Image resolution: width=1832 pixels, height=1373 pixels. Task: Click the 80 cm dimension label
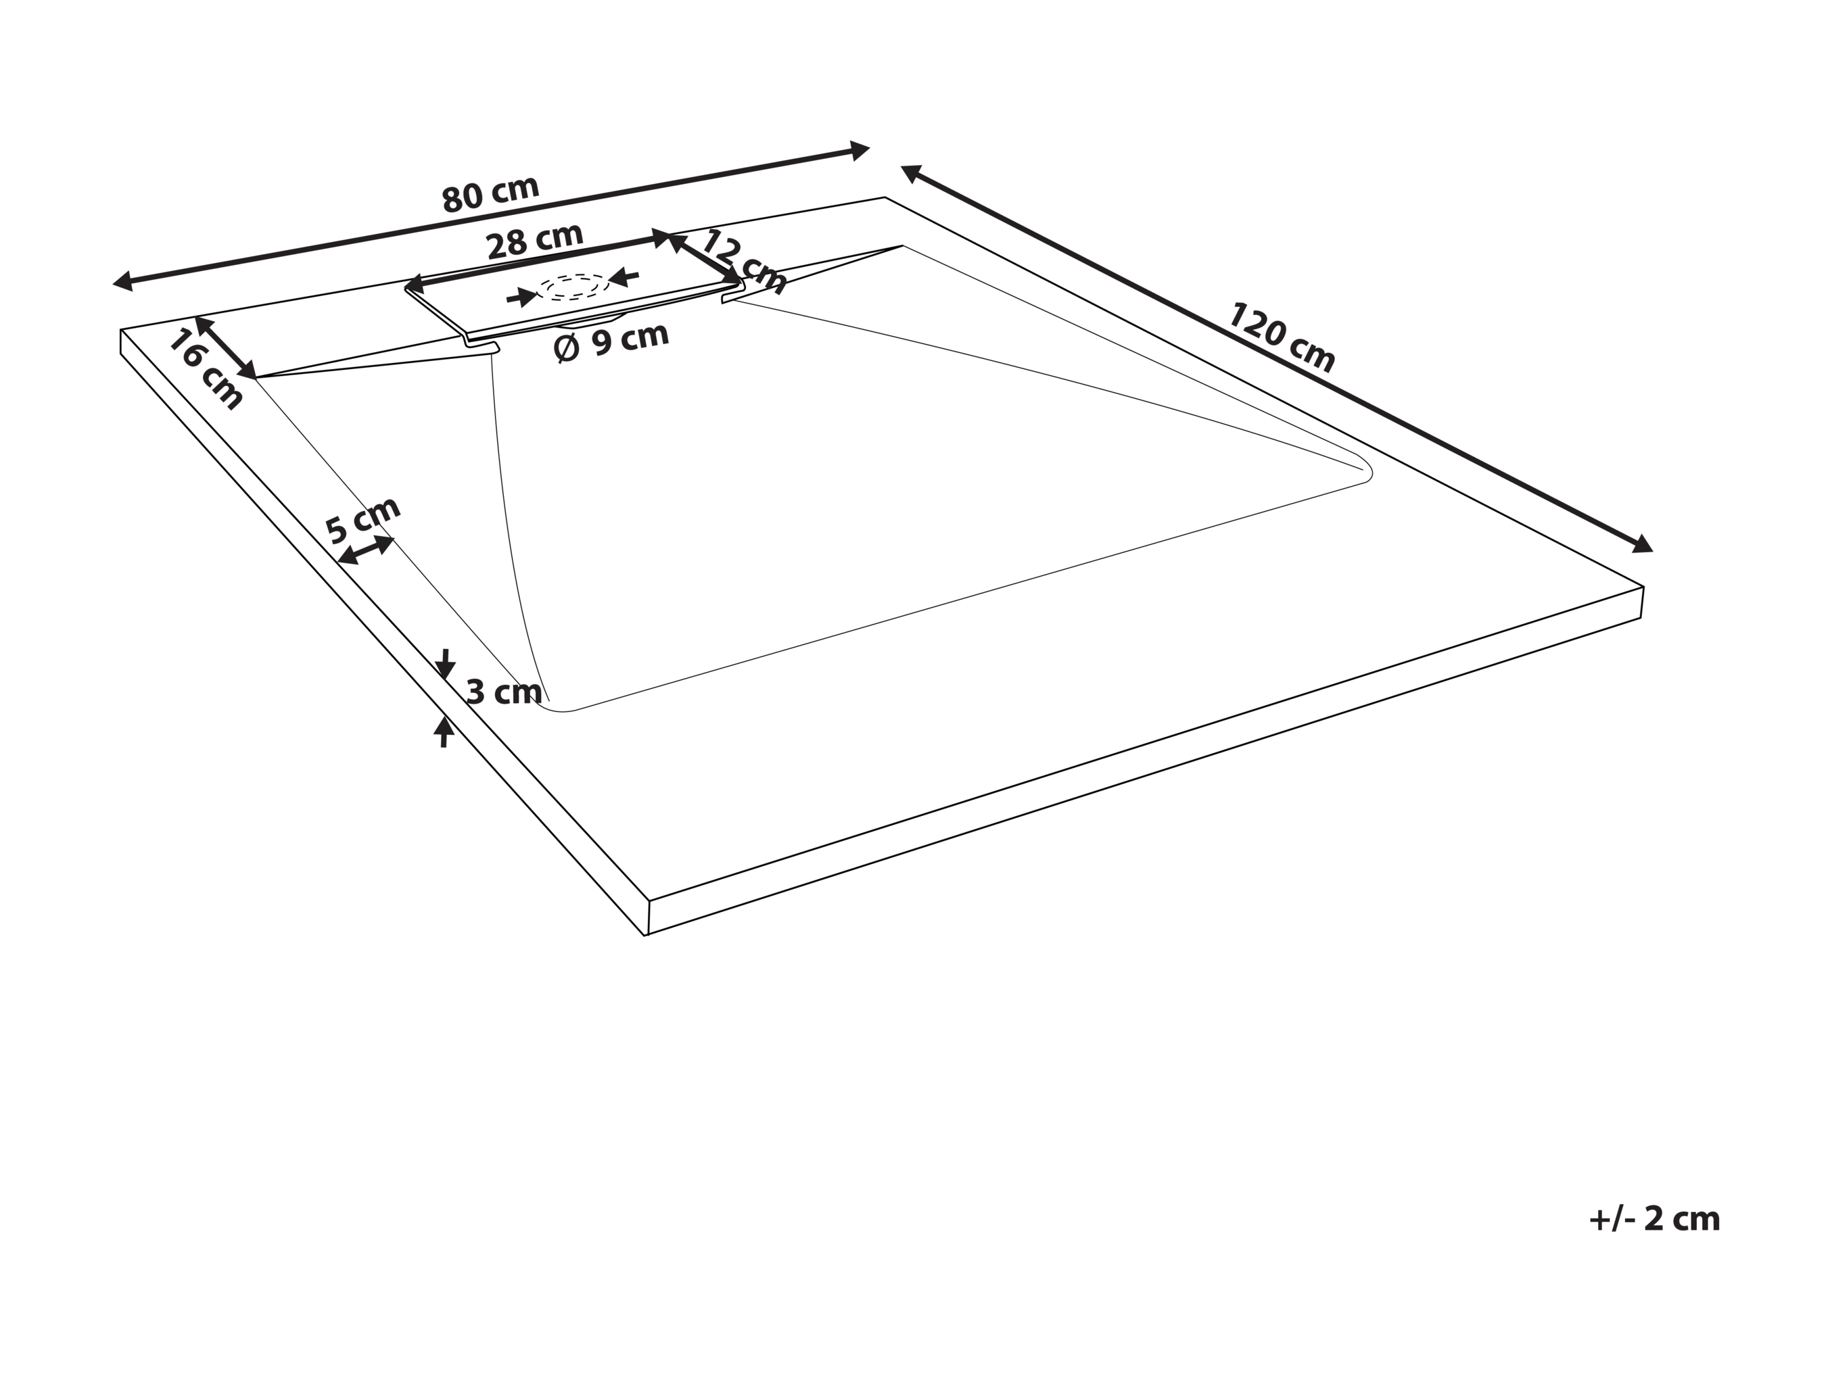tap(490, 194)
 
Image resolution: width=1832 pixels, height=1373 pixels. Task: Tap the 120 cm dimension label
tap(1280, 338)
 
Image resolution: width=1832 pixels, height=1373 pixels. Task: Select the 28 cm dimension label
tap(535, 241)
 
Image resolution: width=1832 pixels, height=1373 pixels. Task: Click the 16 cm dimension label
tap(206, 368)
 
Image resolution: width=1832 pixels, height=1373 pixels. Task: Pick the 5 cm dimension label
tap(362, 519)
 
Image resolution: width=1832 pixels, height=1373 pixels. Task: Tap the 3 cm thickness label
tap(504, 692)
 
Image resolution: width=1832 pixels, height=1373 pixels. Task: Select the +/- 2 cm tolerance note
tap(1655, 1219)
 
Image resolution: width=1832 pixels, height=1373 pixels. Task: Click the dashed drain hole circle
tap(573, 287)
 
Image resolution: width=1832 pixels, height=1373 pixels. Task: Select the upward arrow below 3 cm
tap(444, 732)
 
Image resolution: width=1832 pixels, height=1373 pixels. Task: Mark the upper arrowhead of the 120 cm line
tap(912, 173)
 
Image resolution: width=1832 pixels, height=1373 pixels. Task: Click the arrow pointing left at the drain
tap(624, 276)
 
